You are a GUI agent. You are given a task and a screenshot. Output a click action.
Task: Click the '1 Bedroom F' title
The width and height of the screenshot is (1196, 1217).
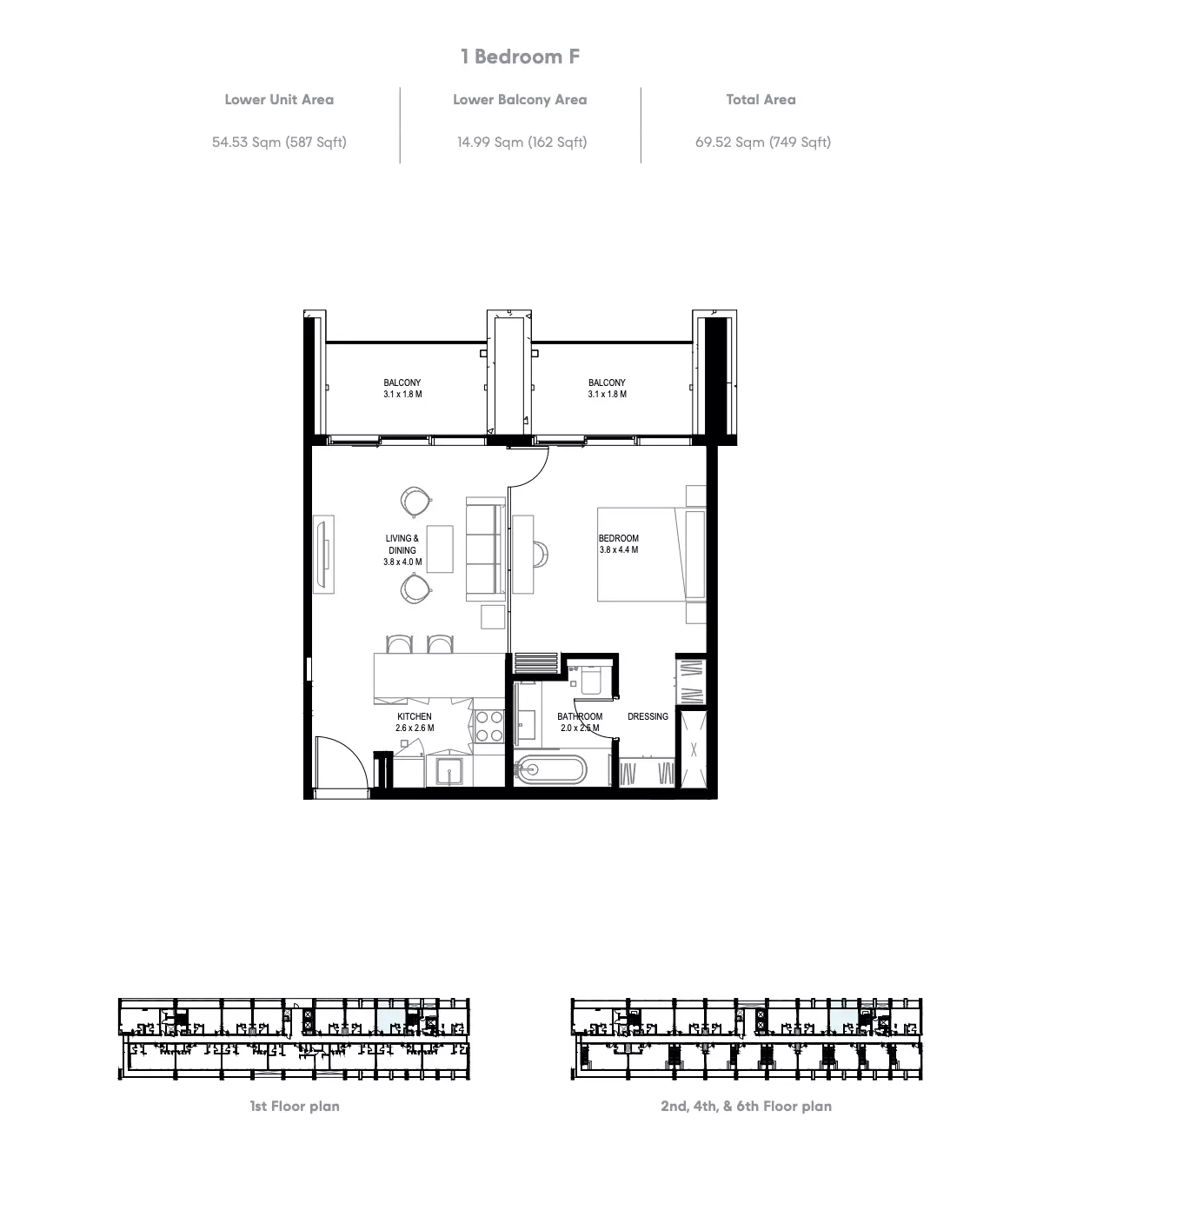520,57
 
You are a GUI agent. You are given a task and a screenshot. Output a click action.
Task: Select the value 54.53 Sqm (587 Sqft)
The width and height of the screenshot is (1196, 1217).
279,142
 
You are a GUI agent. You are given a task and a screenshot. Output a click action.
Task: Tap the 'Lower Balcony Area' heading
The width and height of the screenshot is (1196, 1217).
520,100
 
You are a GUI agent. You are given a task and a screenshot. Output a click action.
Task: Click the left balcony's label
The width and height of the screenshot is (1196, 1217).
402,382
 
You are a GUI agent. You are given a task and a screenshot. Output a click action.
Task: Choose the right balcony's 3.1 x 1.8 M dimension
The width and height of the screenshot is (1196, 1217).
608,394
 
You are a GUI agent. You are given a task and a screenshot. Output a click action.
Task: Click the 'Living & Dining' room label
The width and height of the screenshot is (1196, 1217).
402,544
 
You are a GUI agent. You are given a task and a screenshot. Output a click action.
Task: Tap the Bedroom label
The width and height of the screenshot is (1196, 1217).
619,538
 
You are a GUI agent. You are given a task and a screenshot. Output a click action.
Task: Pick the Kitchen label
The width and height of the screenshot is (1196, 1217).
415,716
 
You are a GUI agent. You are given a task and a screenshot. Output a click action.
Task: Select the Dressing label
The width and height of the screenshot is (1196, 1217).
648,716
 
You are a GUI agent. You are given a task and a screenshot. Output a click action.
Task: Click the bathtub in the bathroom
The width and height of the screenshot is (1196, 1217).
550,769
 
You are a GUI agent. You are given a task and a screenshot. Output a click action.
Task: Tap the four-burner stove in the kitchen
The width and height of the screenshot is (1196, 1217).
488,726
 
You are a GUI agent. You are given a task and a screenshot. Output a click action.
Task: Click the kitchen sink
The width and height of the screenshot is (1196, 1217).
449,770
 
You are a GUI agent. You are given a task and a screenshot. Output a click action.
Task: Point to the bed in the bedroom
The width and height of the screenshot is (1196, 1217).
651,554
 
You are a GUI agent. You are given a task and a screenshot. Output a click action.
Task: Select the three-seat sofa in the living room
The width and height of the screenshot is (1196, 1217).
486,549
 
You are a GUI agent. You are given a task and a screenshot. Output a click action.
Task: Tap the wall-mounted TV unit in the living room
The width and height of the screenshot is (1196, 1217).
324,555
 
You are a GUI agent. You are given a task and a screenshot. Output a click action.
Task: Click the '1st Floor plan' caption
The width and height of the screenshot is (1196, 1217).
295,1106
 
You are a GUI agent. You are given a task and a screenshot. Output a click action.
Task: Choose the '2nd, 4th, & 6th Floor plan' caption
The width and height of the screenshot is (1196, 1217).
747,1106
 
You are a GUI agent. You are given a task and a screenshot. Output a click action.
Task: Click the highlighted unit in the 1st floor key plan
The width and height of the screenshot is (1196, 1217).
391,1020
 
